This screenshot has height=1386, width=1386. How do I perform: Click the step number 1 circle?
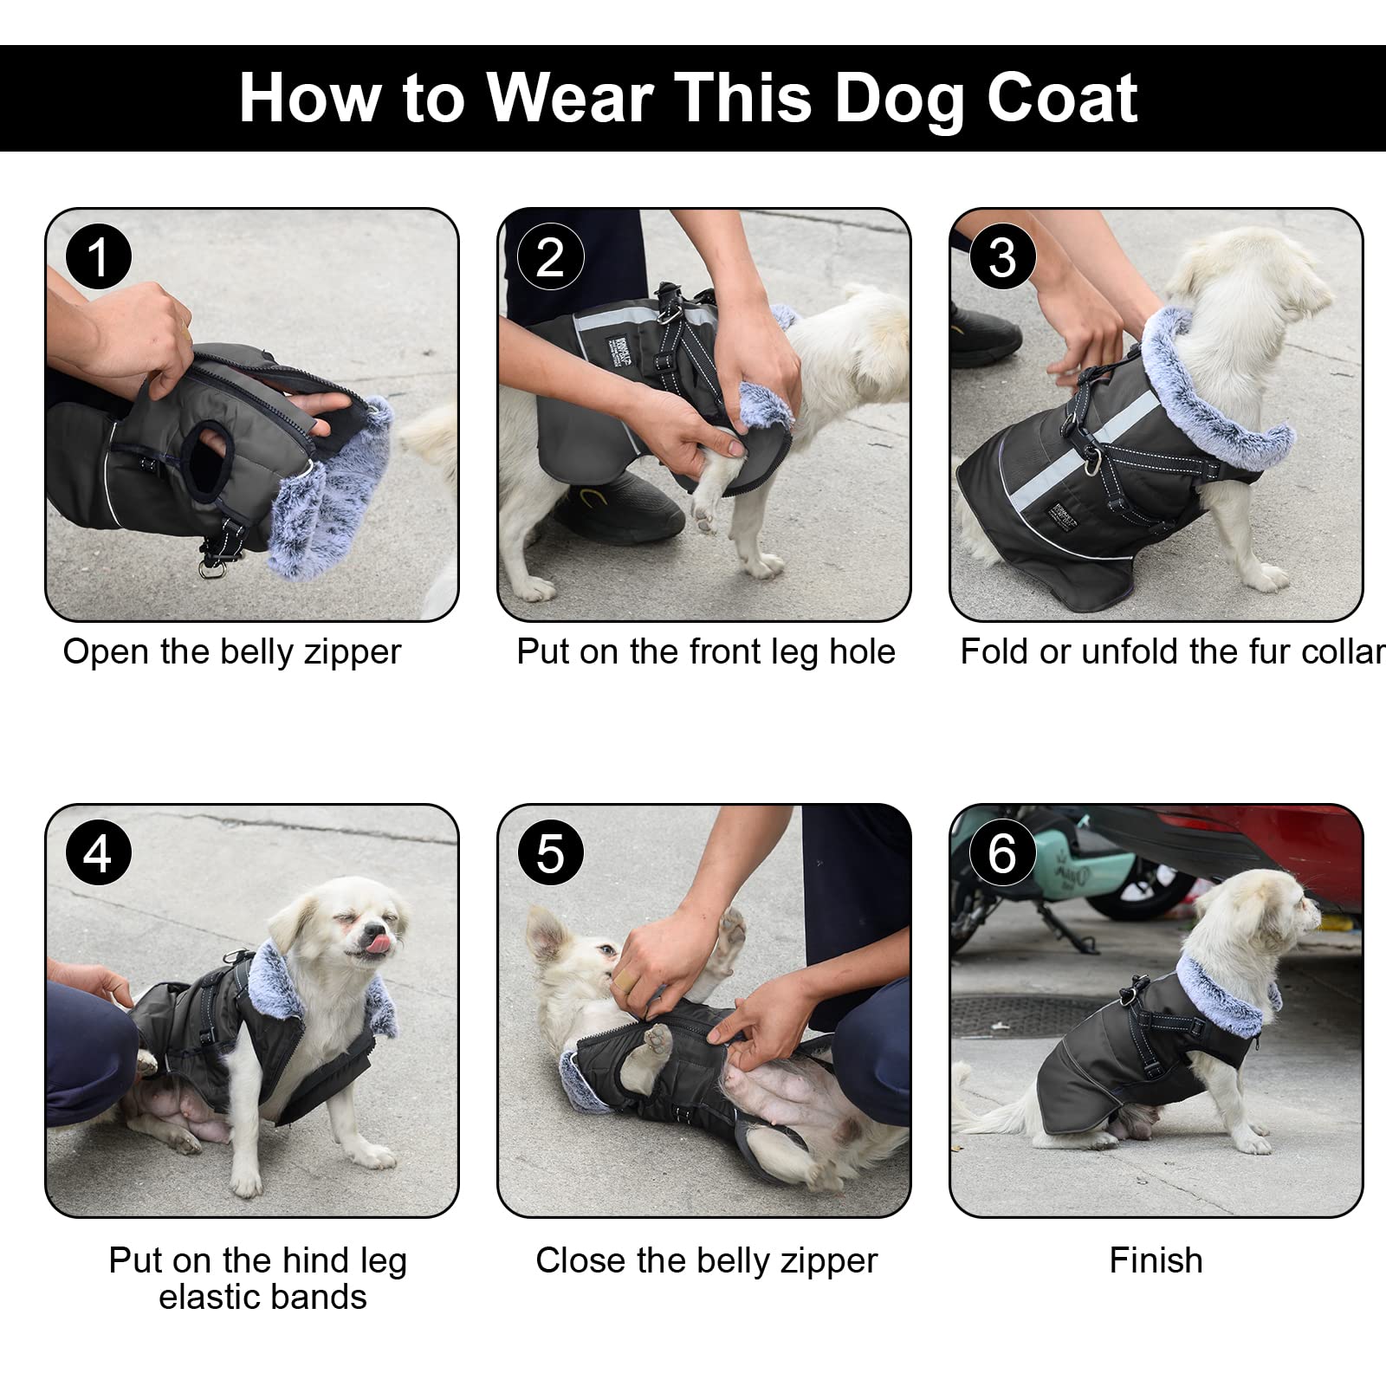coord(98,256)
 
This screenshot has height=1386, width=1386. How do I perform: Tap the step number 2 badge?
coord(550,256)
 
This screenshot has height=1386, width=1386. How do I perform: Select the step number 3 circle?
coord(1002,256)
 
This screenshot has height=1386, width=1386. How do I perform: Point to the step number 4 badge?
coord(98,853)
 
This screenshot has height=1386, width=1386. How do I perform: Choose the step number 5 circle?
coord(550,853)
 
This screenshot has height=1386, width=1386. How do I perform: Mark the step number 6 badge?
coord(1002,853)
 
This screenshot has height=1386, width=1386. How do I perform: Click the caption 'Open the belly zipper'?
coord(232,652)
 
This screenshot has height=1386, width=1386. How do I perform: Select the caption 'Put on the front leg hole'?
coord(706,652)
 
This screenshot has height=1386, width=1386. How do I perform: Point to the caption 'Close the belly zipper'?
coord(706,1261)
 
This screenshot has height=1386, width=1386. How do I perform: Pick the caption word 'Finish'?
coord(1156,1260)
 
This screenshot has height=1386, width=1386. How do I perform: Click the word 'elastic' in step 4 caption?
coord(212,1298)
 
